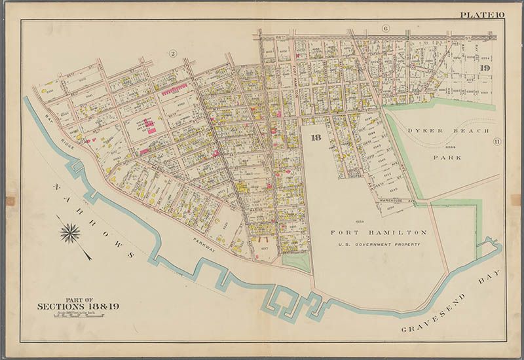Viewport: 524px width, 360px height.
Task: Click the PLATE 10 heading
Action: [481, 14]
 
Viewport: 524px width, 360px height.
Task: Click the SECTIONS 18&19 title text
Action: [78, 306]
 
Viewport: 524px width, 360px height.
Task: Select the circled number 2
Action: [174, 54]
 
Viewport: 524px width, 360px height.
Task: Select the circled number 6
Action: [385, 28]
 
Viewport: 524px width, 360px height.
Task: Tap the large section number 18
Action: [316, 137]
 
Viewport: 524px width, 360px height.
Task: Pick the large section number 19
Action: [485, 69]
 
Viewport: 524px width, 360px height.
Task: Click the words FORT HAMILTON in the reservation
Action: [379, 232]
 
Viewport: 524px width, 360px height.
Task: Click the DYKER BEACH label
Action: [448, 131]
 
